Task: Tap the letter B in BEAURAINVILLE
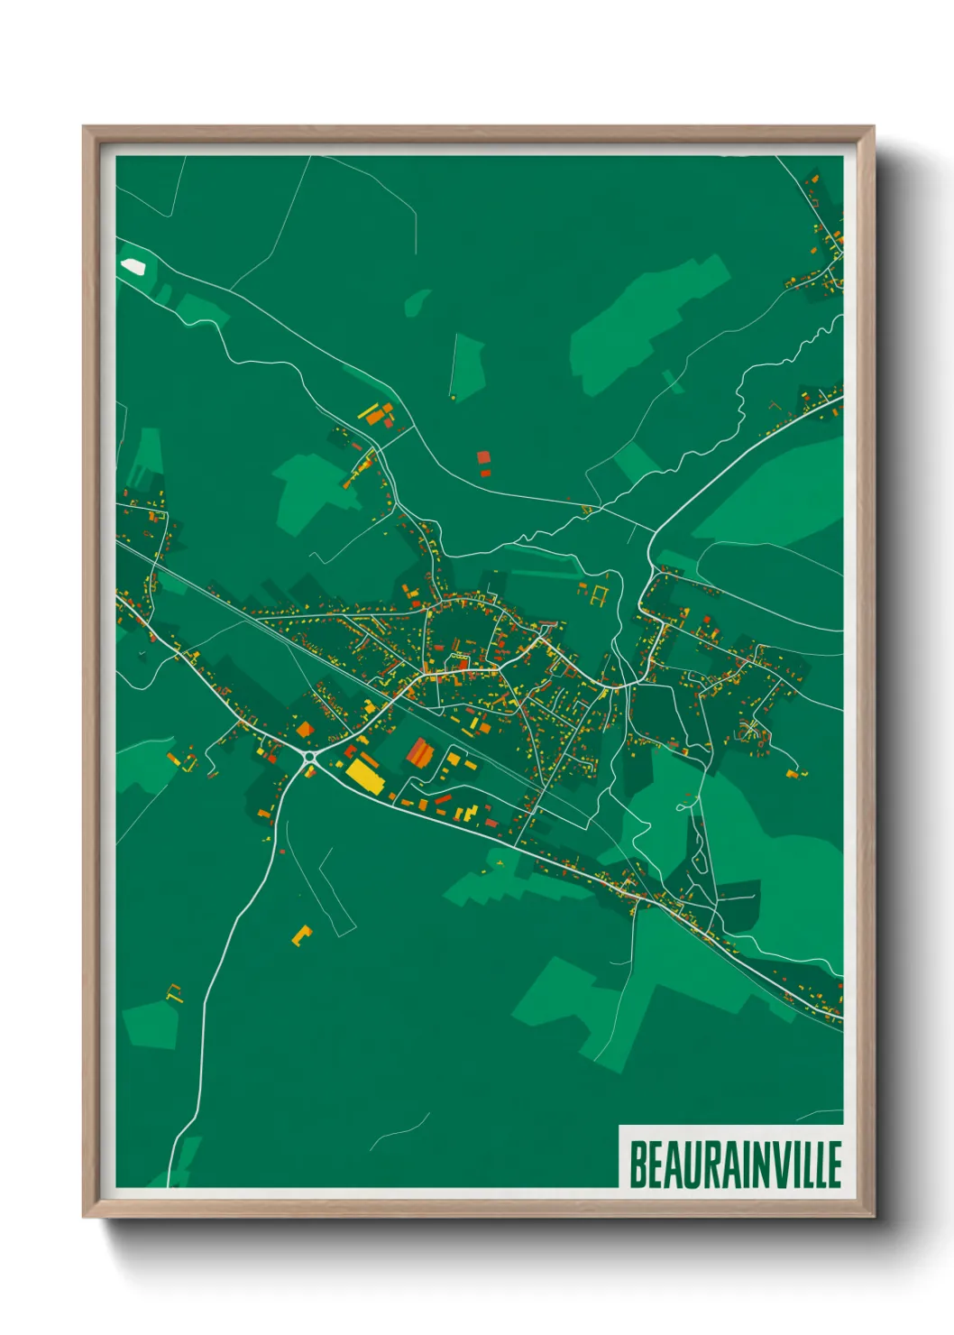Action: click(638, 1165)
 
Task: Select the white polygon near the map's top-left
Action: click(133, 266)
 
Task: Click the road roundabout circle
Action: click(311, 757)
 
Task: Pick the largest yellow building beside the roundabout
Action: click(363, 775)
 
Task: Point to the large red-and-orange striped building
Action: click(419, 751)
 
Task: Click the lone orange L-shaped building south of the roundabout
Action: click(301, 934)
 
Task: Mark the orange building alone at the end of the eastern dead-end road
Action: click(793, 773)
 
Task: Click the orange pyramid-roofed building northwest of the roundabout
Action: click(305, 729)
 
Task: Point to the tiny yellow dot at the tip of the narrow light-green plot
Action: click(453, 396)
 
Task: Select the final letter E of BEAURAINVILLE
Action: click(834, 1165)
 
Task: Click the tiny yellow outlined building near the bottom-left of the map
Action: click(174, 993)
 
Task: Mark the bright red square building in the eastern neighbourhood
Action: click(706, 621)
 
